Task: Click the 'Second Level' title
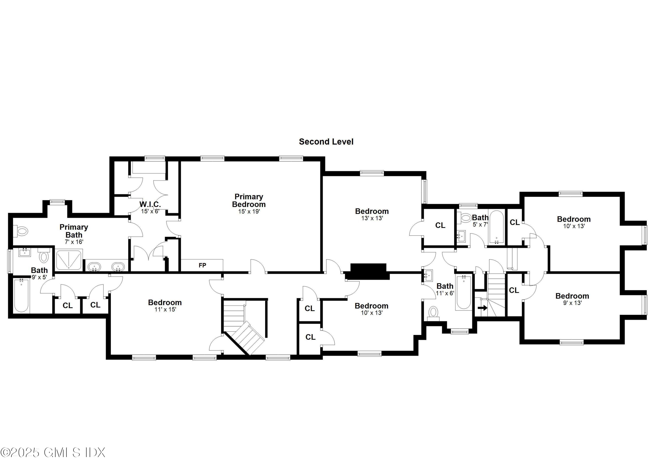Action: pos(326,142)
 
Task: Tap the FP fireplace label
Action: pos(202,265)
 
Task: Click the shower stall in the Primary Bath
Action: pos(69,260)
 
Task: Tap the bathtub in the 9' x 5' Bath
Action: pos(21,295)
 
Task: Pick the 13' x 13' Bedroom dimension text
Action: pos(372,218)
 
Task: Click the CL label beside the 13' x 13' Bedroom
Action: pos(440,225)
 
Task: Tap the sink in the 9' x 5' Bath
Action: pos(24,253)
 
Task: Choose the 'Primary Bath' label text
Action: pos(74,231)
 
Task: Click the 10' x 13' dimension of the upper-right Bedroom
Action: pos(574,226)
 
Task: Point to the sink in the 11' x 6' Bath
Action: pos(428,275)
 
